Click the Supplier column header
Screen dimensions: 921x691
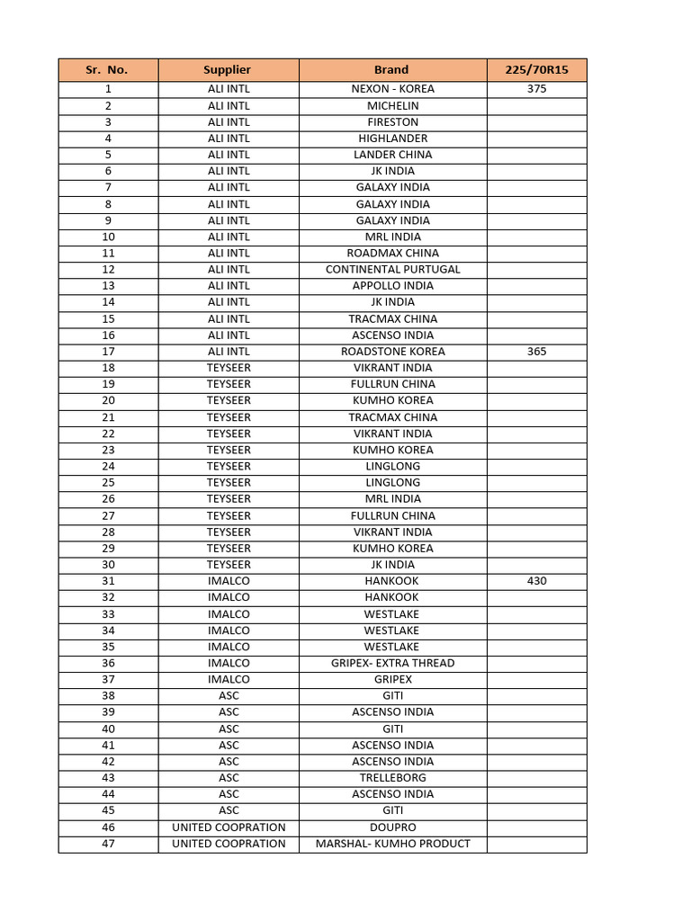click(x=228, y=69)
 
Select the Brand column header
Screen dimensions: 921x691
click(x=391, y=69)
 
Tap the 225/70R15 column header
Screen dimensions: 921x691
click(x=536, y=69)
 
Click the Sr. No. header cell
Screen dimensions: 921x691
click(x=108, y=69)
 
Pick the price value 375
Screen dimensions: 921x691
click(x=536, y=89)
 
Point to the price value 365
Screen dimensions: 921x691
click(x=536, y=352)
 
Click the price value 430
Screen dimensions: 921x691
click(x=536, y=581)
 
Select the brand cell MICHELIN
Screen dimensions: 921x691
click(x=392, y=106)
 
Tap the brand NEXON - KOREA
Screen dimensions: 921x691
click(x=392, y=89)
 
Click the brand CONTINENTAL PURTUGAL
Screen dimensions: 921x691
click(x=392, y=270)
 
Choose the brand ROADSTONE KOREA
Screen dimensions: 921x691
click(x=392, y=352)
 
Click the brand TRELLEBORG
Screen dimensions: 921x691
click(x=392, y=778)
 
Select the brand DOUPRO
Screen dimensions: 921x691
click(x=392, y=827)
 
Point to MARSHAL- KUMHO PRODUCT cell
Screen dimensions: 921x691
click(x=392, y=844)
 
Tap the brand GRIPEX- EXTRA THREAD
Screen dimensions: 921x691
click(x=392, y=663)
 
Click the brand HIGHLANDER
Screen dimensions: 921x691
click(x=392, y=139)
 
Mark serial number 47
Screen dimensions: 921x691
click(x=108, y=844)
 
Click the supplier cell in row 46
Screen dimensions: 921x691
click(x=229, y=827)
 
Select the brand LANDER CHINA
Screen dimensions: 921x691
click(x=392, y=155)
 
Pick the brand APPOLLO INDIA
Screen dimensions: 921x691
click(x=392, y=286)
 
